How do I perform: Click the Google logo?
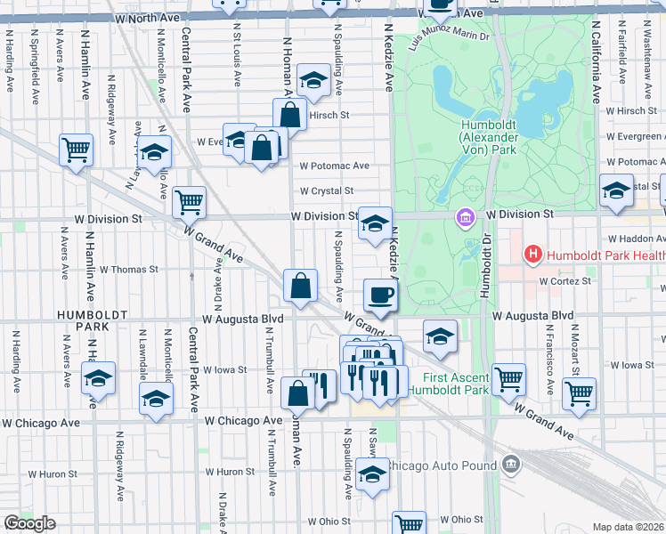(29, 523)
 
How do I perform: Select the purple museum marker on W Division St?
(464, 216)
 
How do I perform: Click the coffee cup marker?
(380, 295)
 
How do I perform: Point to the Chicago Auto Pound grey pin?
(510, 464)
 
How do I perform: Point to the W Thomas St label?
(128, 269)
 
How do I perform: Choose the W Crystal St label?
(327, 191)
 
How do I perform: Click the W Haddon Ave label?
(636, 239)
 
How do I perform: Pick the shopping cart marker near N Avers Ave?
(76, 150)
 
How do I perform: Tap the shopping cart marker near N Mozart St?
(580, 393)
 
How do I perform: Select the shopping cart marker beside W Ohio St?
(409, 523)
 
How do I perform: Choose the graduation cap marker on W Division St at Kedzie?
(375, 222)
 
